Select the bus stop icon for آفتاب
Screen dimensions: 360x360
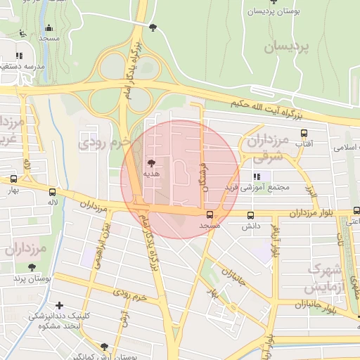coord(304,133)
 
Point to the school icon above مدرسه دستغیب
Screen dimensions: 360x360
coord(19,55)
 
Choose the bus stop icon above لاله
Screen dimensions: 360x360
coord(53,191)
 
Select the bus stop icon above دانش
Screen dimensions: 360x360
coord(250,215)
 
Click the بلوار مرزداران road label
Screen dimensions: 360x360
coord(326,213)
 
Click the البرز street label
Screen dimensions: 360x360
coord(311,190)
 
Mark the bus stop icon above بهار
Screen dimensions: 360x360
coord(13,179)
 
